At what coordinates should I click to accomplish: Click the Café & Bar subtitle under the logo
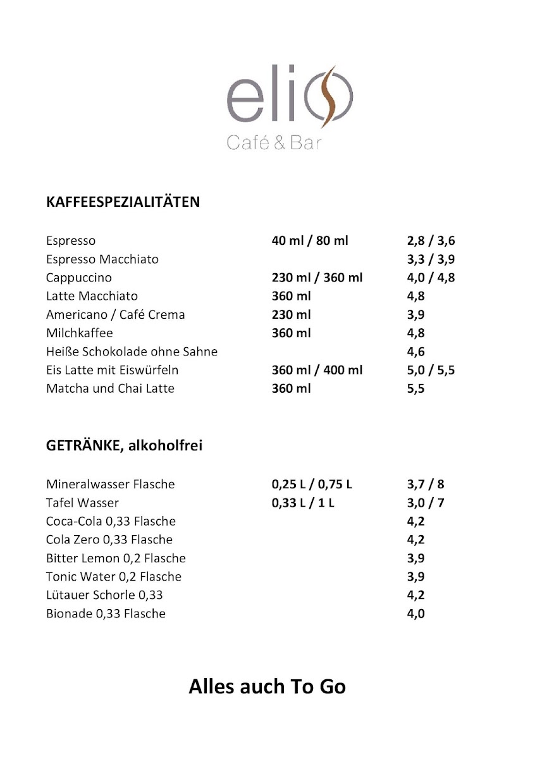point(274,144)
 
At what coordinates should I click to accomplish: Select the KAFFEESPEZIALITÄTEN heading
point(123,202)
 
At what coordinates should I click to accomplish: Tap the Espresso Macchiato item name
point(102,259)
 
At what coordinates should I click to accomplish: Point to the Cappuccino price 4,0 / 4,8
point(431,278)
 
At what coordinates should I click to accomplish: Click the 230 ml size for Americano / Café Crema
point(291,314)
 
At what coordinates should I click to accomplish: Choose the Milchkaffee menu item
point(79,333)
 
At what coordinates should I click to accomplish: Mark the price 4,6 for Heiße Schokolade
point(415,352)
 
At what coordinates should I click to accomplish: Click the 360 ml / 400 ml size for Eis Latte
point(317,370)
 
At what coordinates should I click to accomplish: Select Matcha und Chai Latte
point(110,388)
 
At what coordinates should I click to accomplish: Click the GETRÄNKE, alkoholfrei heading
point(124,446)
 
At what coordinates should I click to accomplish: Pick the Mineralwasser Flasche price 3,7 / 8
point(426,484)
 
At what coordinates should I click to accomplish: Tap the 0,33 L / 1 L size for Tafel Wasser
point(303,503)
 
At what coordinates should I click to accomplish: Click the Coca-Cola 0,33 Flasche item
point(111,522)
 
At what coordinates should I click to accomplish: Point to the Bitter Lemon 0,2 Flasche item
point(116,558)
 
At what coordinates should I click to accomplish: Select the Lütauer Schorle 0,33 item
point(104,595)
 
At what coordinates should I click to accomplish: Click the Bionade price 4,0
point(415,614)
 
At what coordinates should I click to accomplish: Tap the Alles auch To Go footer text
point(267,687)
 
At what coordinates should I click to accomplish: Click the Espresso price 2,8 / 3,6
point(431,241)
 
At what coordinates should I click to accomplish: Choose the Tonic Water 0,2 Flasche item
point(114,577)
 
